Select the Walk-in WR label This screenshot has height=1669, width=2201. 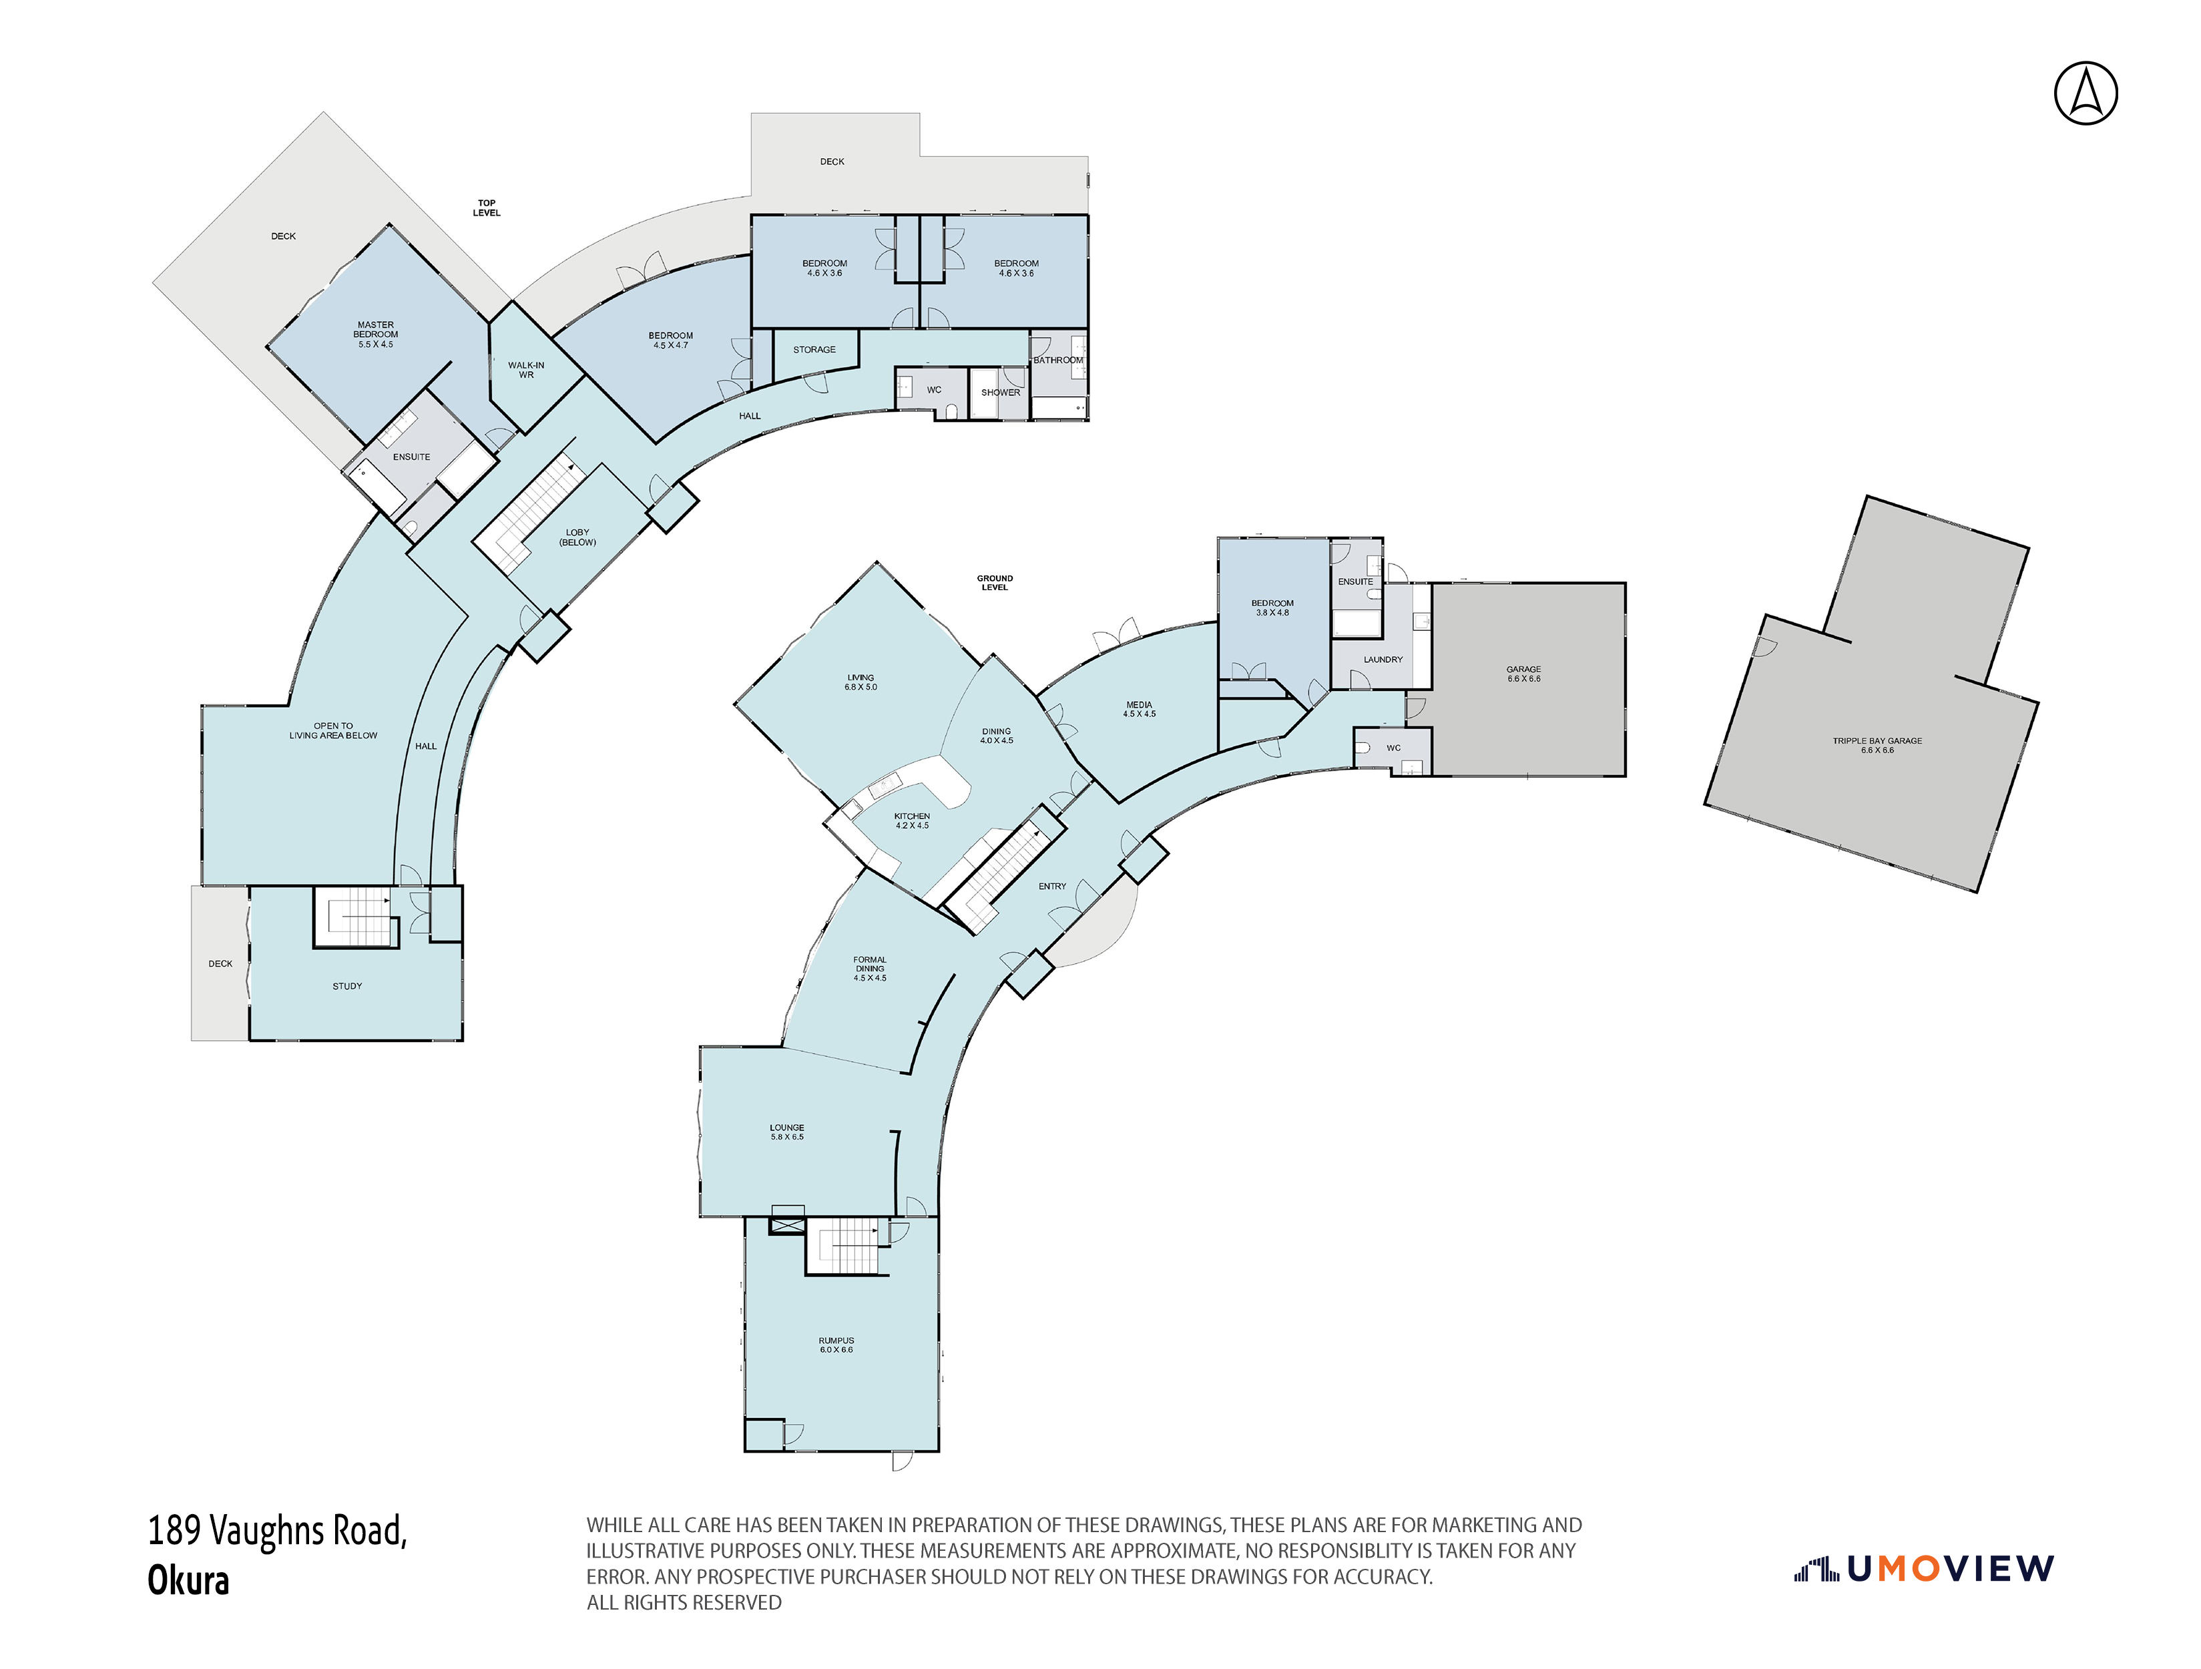pyautogui.click(x=525, y=371)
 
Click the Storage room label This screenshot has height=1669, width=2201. pyautogui.click(x=814, y=349)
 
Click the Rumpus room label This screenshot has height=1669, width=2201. pyautogui.click(x=836, y=1345)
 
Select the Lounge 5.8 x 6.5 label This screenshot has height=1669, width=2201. pyautogui.click(x=786, y=1132)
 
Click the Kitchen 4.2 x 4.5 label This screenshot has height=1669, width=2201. pyautogui.click(x=911, y=820)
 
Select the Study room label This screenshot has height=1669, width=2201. pyautogui.click(x=346, y=986)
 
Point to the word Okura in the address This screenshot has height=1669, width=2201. pyautogui.click(x=188, y=1580)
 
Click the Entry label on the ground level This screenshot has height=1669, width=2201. pyautogui.click(x=1051, y=886)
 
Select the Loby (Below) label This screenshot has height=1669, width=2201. pyautogui.click(x=577, y=537)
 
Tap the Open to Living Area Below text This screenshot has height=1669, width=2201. pyautogui.click(x=332, y=730)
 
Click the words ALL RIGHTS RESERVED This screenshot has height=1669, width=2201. pyautogui.click(x=684, y=1602)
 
